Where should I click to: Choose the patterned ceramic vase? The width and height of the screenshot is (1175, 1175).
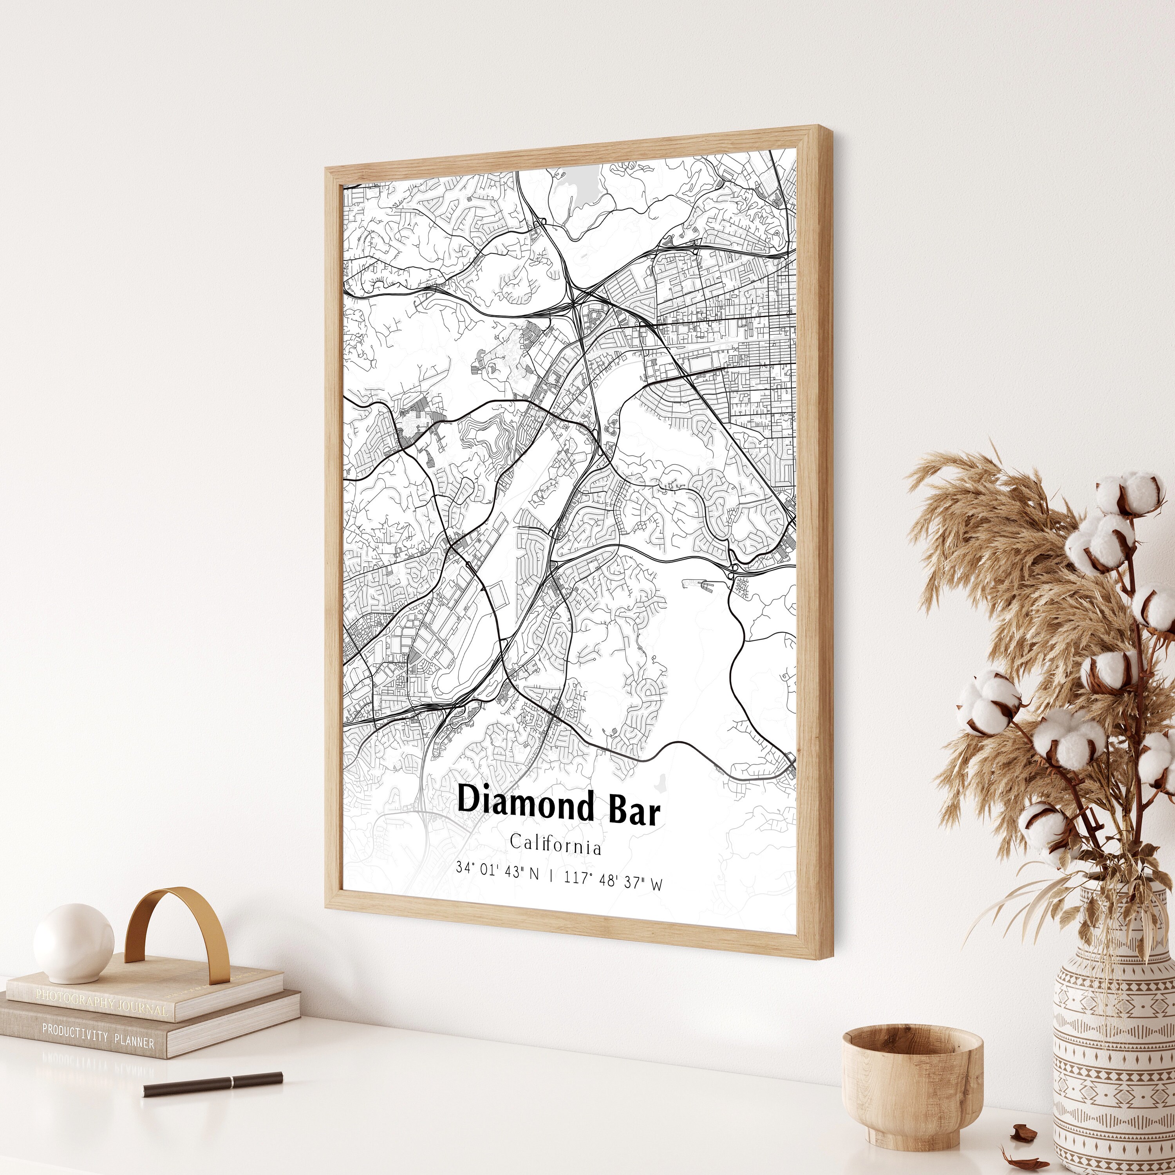coord(1113,1046)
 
